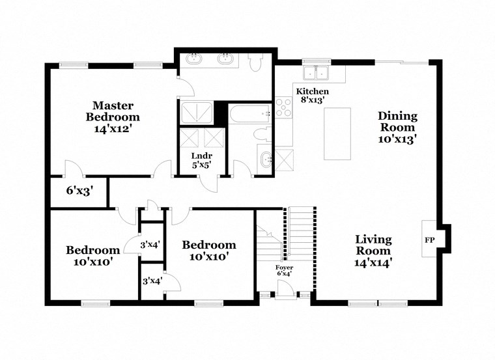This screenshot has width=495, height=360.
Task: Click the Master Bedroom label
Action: coord(113,111)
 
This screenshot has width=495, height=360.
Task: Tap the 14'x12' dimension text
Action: coord(113,129)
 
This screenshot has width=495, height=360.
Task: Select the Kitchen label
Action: coord(313,91)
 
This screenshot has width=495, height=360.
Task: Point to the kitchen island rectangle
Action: coord(337,133)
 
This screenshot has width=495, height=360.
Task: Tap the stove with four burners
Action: coord(283,107)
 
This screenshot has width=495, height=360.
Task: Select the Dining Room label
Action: coord(397,122)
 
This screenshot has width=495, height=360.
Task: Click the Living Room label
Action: coord(373,245)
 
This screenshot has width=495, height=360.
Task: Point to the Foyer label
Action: coord(284,268)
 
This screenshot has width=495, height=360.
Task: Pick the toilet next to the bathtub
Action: coord(261,135)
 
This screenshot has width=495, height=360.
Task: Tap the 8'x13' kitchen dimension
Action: coord(313,100)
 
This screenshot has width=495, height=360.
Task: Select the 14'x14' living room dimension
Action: coord(373,263)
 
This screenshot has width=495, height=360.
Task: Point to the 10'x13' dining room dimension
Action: coord(397,139)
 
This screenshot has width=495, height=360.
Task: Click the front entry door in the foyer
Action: coord(284,294)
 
